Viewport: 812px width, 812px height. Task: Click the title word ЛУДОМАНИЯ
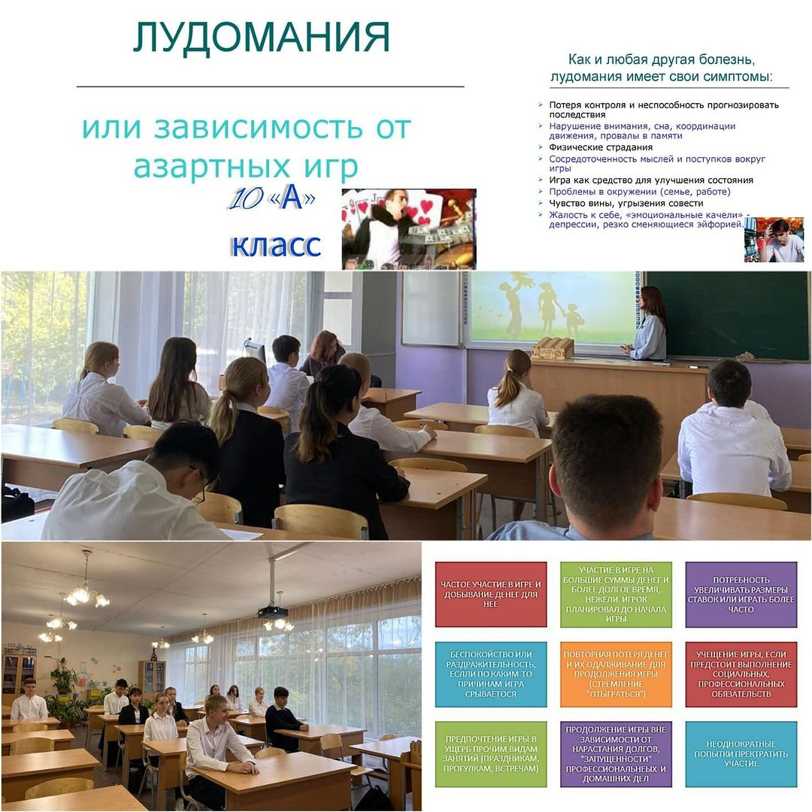(x=262, y=38)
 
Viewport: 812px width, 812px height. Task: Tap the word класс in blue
(x=276, y=244)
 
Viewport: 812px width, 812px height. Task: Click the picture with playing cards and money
(x=408, y=229)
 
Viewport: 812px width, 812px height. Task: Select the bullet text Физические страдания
(x=601, y=147)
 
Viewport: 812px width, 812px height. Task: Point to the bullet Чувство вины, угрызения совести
(x=626, y=203)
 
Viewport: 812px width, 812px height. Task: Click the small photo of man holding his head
(x=774, y=239)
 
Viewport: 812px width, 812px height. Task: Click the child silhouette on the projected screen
(x=571, y=320)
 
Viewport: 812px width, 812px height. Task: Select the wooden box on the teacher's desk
(x=552, y=347)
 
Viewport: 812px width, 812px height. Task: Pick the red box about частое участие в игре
(x=491, y=594)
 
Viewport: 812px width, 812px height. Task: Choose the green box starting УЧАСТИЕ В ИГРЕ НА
(x=616, y=594)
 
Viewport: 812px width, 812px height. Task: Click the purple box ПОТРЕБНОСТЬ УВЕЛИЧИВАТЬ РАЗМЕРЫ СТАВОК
(x=741, y=594)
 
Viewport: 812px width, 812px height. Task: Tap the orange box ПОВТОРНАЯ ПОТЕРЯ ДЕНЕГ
(x=616, y=674)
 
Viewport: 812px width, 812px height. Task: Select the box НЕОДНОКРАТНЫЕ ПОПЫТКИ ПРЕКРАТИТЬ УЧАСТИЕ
(x=741, y=754)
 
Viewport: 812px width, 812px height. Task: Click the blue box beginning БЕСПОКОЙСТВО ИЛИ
(x=491, y=674)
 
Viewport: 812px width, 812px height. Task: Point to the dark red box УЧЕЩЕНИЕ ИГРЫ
(x=741, y=674)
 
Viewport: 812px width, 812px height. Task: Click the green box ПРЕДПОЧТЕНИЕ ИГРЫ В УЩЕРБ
(x=491, y=754)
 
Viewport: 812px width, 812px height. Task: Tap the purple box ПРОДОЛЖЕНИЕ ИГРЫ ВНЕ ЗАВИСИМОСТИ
(x=616, y=754)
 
